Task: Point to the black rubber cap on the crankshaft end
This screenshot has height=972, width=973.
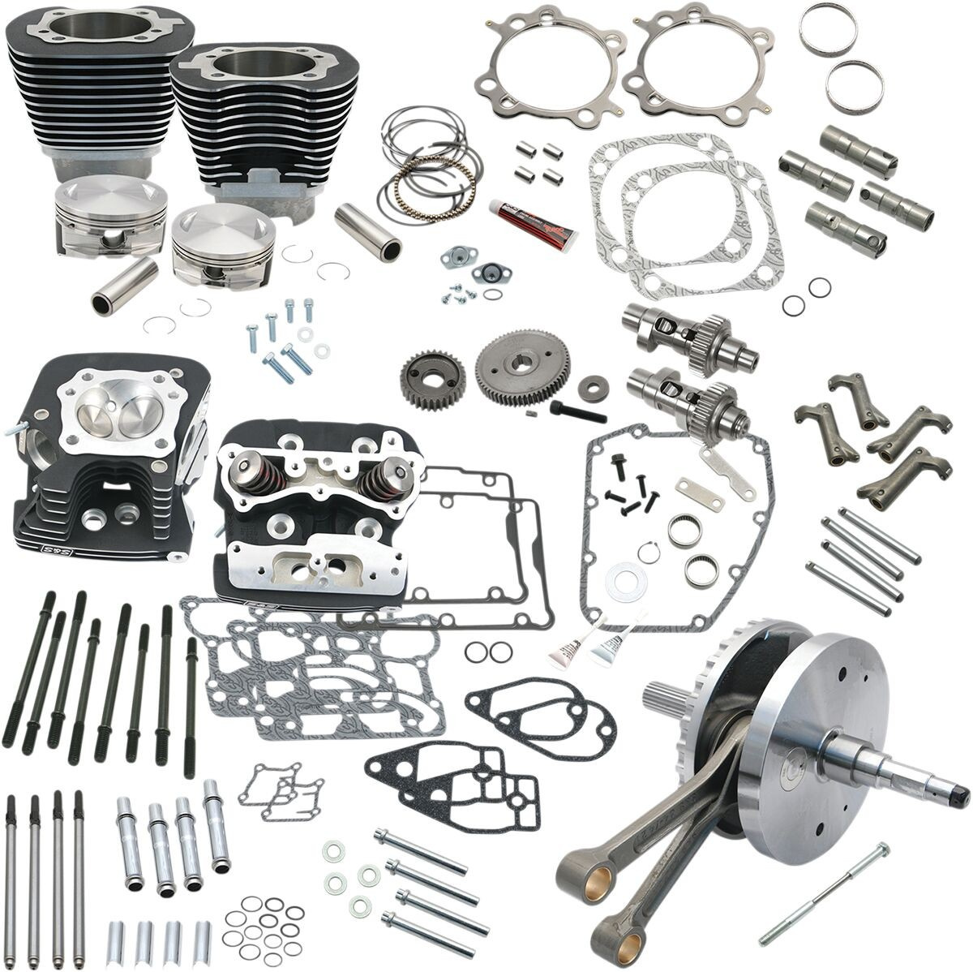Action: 960,787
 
